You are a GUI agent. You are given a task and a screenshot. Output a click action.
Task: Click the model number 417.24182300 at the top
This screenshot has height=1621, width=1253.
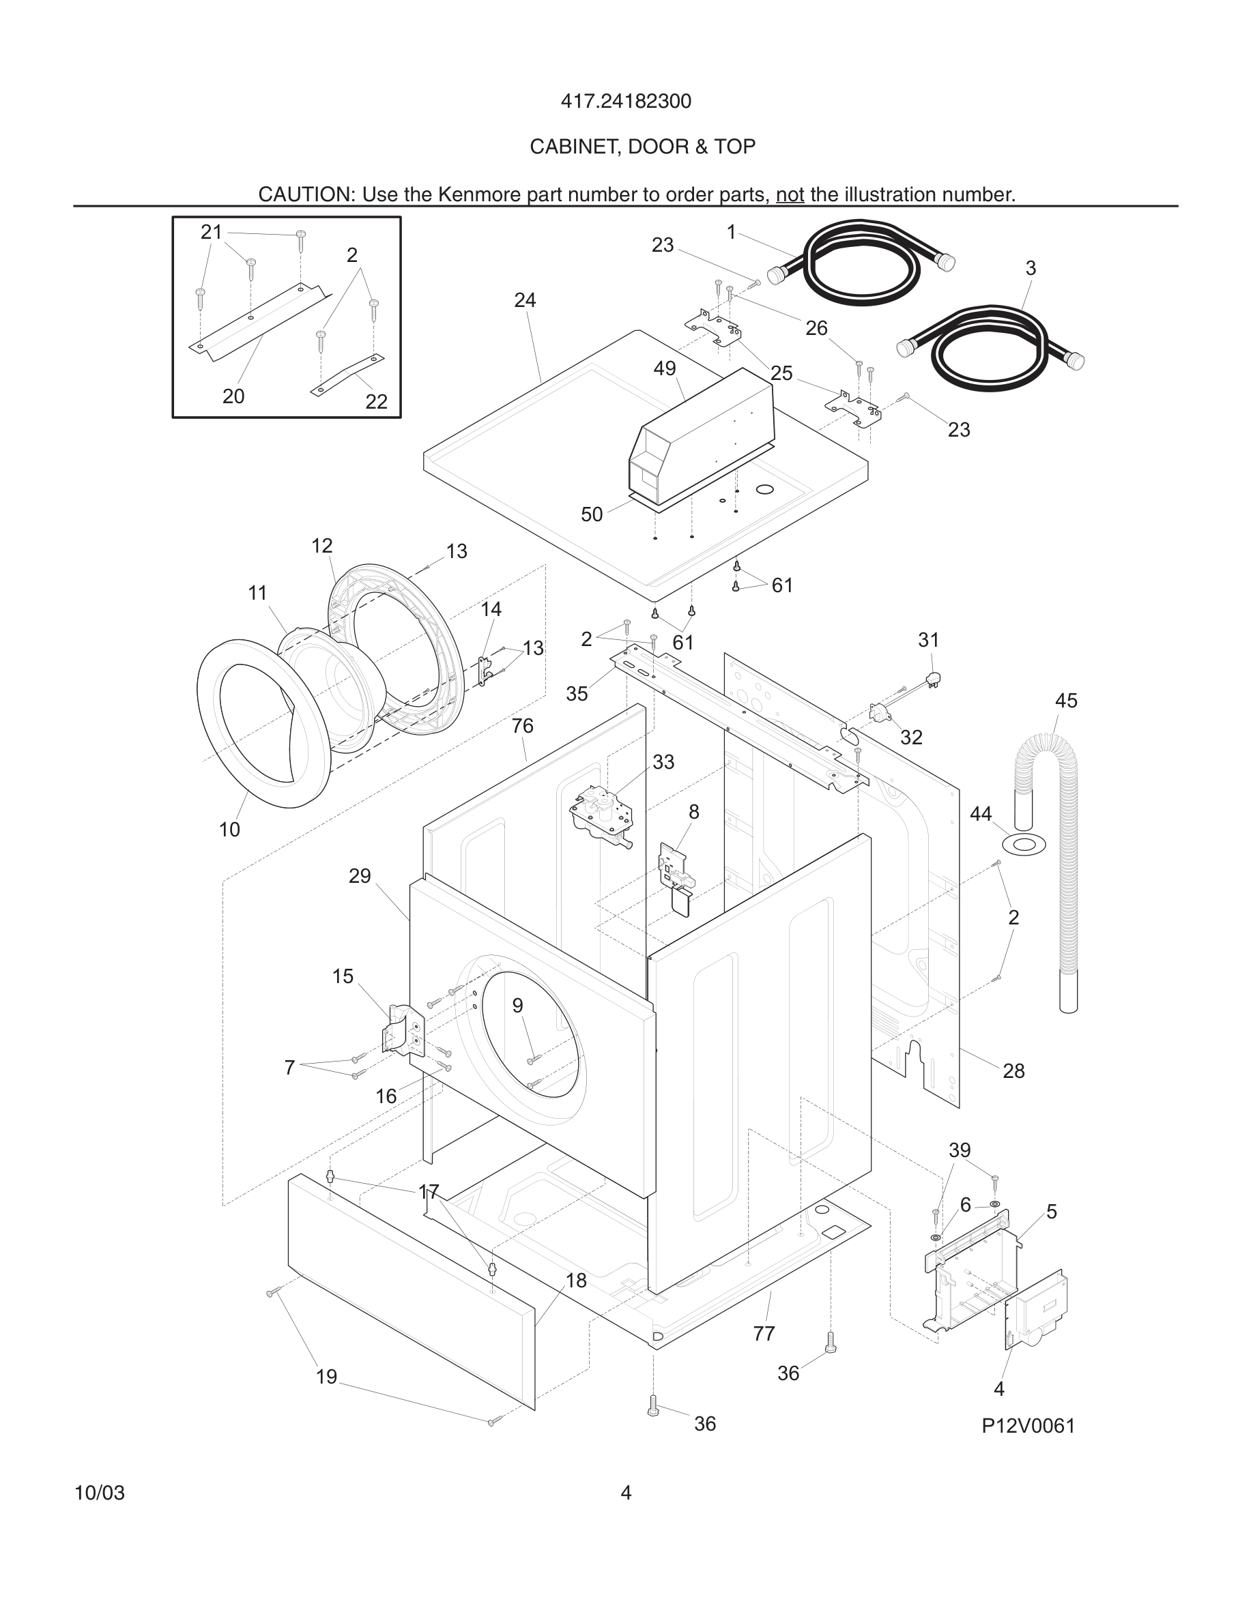point(625,102)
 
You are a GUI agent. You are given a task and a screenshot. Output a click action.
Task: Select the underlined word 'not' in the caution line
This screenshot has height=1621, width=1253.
point(789,194)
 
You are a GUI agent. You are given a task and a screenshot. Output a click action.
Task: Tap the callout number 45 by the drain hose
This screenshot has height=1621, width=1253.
point(1065,701)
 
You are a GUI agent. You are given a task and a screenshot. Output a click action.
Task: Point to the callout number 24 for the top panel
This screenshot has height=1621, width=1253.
point(525,301)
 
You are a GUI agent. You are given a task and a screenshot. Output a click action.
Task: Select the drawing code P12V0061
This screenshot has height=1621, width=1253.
point(1027,1426)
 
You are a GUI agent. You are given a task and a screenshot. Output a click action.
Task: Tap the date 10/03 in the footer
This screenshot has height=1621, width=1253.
point(100,1493)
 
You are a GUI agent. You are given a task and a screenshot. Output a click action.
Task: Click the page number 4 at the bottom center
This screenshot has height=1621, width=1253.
point(626,1493)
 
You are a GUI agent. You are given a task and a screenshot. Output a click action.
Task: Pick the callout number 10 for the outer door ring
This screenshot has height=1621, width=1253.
point(229,830)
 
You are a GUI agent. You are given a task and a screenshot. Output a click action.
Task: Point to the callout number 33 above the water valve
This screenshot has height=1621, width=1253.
point(663,762)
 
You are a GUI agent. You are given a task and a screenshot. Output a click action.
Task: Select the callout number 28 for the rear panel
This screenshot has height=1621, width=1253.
point(1013,1071)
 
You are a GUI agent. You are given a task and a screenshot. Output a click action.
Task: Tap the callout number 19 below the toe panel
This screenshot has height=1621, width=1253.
point(327,1377)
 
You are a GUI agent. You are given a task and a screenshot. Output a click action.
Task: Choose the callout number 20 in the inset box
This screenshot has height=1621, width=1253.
point(233,397)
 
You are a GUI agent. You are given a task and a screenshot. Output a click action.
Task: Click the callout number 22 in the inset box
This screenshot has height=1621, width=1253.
point(376,402)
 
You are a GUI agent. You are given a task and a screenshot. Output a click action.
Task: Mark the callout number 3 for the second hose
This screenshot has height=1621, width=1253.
point(1031,269)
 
